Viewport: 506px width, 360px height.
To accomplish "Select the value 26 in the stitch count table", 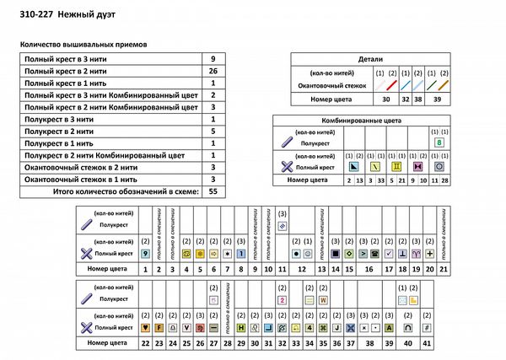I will [x=213, y=72].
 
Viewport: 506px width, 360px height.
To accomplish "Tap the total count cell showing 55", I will [x=213, y=192].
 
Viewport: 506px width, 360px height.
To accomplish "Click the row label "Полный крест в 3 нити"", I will [x=59, y=59].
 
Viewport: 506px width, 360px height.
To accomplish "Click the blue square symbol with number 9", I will [x=146, y=253].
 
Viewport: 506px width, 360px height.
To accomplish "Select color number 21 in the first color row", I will [x=444, y=268].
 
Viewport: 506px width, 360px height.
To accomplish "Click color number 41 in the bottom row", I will [x=427, y=342].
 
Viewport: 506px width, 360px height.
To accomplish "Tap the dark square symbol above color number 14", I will [x=335, y=253].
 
